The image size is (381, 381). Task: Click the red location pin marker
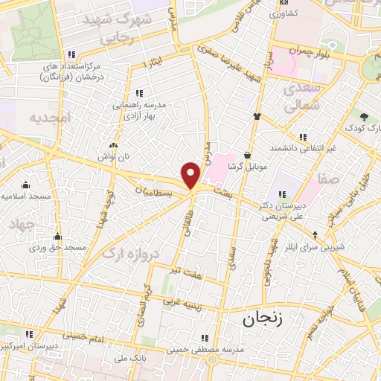(191, 175)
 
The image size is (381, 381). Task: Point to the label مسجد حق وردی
(65, 246)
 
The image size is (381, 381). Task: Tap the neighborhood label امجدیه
(49, 118)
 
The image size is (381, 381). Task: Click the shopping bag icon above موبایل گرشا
(246, 155)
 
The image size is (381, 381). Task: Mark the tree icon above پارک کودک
(364, 117)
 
